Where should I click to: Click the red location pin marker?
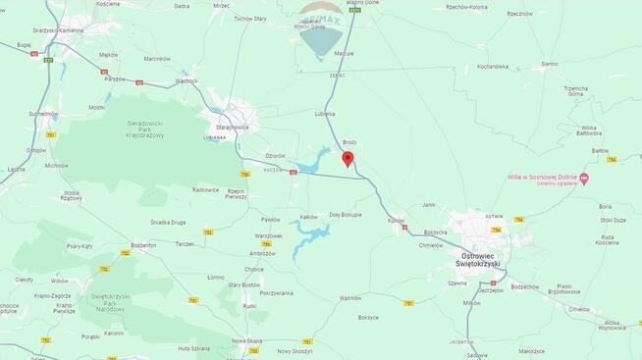coord(348,159)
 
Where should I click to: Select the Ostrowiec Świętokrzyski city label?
coord(478,259)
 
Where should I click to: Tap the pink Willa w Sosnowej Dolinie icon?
coord(584,179)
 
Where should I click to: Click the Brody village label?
coord(349,141)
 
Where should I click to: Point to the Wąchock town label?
coord(187,80)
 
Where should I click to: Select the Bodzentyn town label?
coord(143,244)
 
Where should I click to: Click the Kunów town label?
coord(396,221)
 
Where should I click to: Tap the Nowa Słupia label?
coord(247,340)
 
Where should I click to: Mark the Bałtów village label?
coord(600,151)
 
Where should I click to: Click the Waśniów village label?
coord(350,297)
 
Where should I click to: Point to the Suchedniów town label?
coord(42,113)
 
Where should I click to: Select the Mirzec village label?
coord(221,6)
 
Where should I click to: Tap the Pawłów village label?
coord(270,220)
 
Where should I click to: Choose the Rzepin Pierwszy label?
coord(237,193)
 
